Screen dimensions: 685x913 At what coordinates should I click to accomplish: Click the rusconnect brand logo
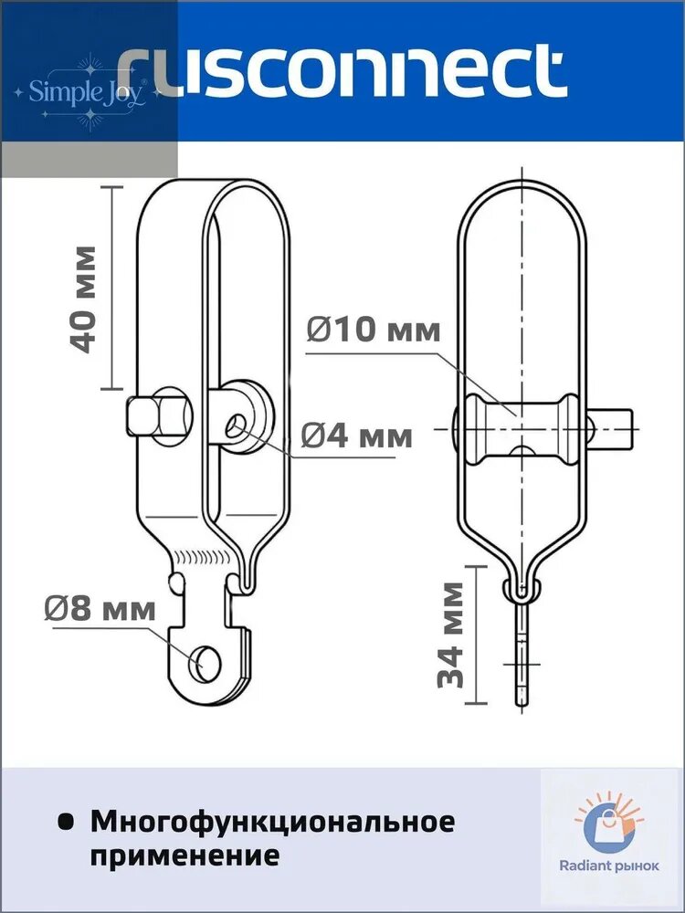point(342,73)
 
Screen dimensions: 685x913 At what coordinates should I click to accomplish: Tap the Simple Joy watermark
point(88,92)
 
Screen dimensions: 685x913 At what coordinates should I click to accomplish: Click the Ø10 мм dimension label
point(374,330)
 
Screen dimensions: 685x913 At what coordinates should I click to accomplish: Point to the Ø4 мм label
point(357,435)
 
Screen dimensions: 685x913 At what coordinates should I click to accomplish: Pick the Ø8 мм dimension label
point(100,610)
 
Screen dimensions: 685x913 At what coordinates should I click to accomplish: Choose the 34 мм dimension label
point(451,635)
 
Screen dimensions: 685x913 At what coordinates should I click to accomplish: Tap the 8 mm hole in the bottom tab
point(205,664)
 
